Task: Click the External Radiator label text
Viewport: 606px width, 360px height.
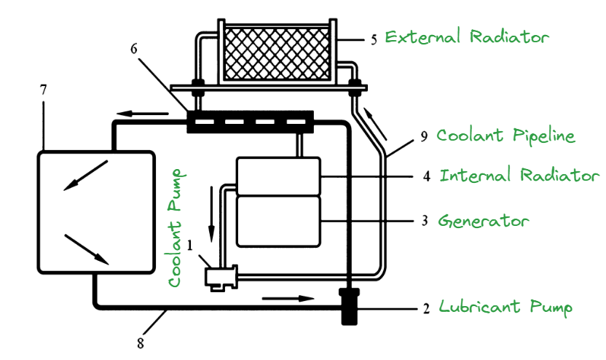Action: pyautogui.click(x=467, y=37)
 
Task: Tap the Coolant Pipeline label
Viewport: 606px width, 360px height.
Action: pyautogui.click(x=505, y=136)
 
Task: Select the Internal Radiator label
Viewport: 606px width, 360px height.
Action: pyautogui.click(x=519, y=176)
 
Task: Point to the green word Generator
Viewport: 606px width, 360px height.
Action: pyautogui.click(x=483, y=220)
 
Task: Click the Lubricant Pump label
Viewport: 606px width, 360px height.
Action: pyautogui.click(x=505, y=307)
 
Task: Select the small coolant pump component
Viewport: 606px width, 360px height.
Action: pyautogui.click(x=219, y=276)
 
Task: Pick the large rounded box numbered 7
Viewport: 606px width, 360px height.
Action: pyautogui.click(x=95, y=211)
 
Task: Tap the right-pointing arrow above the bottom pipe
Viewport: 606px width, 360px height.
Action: pyautogui.click(x=288, y=297)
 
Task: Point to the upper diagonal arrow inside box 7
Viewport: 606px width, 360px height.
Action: pyautogui.click(x=86, y=175)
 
